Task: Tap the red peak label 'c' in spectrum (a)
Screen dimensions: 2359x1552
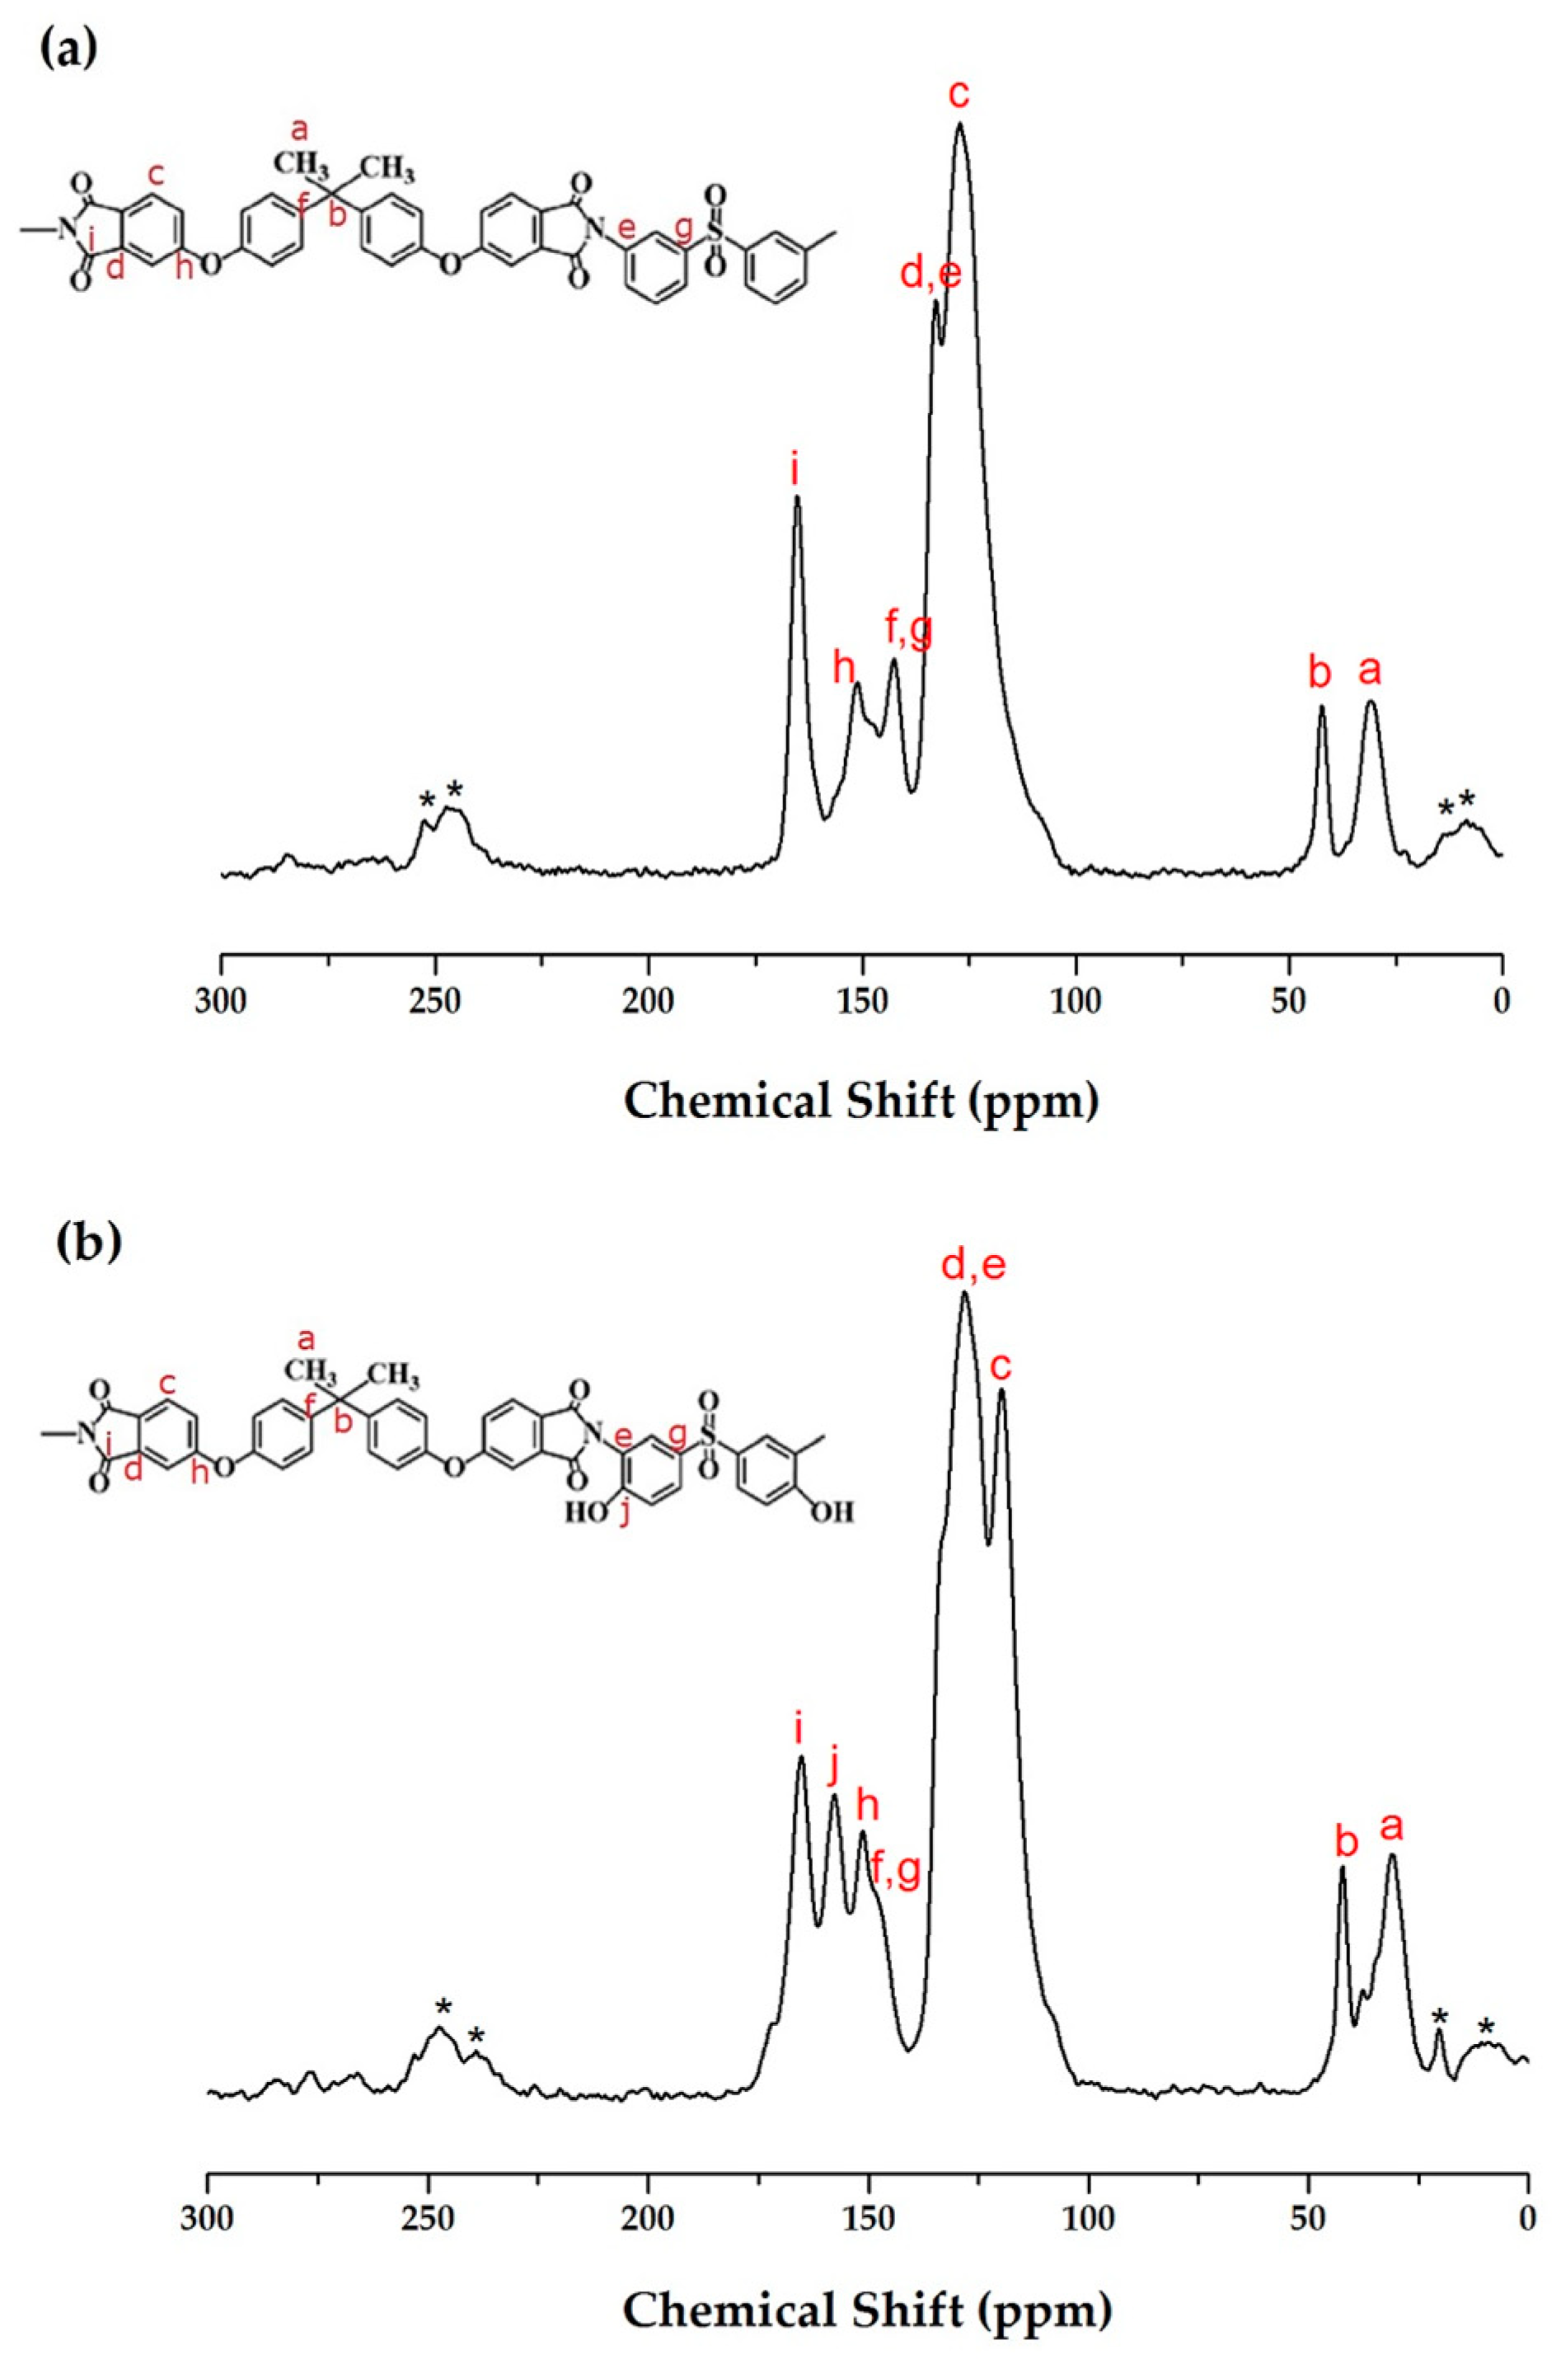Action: [x=959, y=95]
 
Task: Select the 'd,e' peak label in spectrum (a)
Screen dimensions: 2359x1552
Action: [x=931, y=274]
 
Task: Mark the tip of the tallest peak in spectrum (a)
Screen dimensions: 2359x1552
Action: [x=959, y=124]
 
